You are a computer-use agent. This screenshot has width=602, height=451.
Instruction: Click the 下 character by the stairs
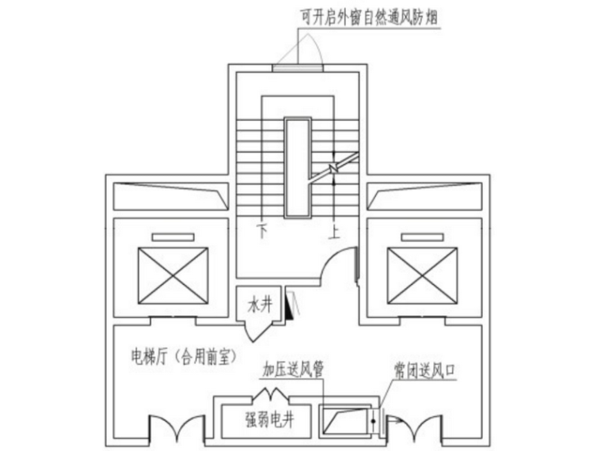261,232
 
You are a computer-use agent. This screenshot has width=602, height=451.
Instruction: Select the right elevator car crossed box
423,275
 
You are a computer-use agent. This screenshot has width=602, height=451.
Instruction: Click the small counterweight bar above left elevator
172,237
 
